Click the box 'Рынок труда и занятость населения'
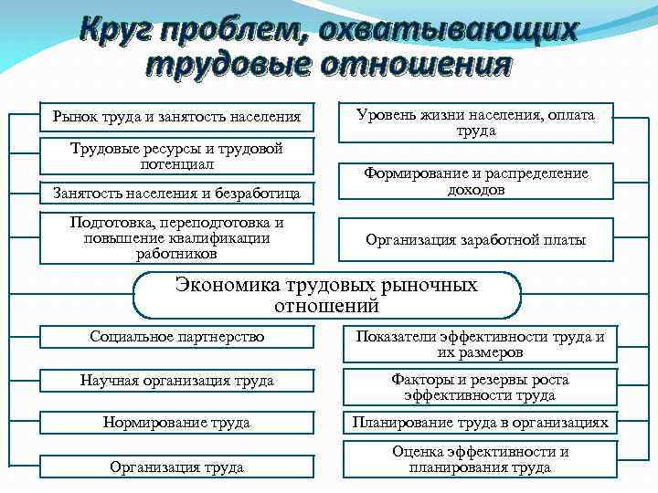[176, 117]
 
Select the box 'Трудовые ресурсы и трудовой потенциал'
[176, 156]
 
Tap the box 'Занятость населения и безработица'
[176, 193]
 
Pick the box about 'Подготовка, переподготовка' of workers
[176, 238]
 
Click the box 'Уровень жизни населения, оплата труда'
[475, 123]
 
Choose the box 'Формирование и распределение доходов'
[475, 182]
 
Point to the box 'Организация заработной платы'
[475, 240]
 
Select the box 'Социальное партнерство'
[176, 337]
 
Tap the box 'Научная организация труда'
[176, 380]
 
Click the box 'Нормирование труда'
[176, 423]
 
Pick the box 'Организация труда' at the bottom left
[176, 467]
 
